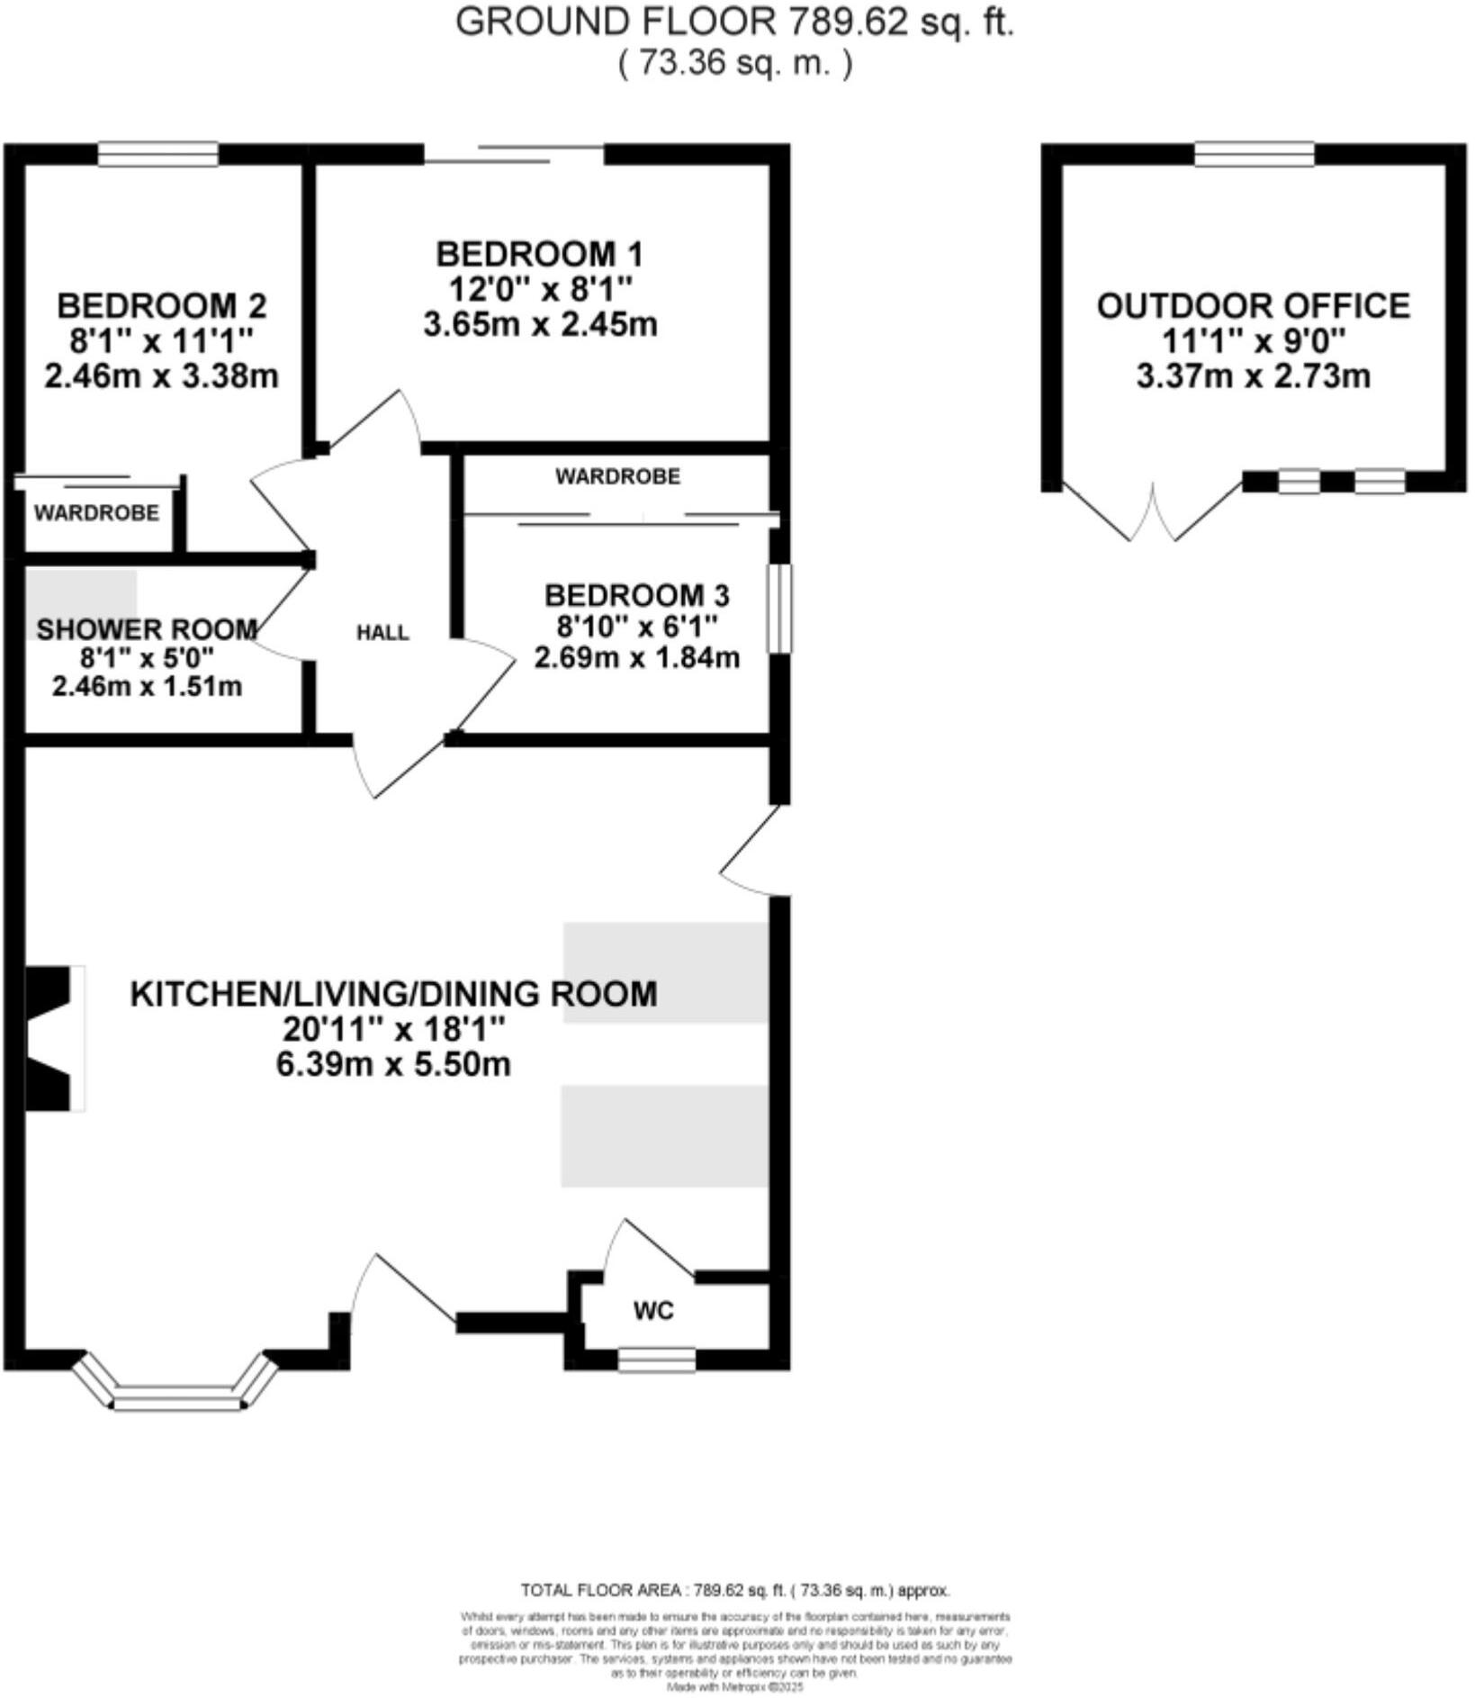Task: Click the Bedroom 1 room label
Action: [539, 255]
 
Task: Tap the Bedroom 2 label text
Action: [161, 306]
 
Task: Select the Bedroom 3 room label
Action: [636, 595]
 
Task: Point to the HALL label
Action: [382, 633]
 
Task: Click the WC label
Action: [653, 1311]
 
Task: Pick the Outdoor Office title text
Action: [1253, 306]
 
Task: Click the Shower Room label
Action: [147, 628]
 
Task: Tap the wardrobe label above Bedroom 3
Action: [617, 476]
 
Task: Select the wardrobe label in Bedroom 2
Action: [96, 513]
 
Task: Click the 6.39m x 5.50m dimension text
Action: [393, 1064]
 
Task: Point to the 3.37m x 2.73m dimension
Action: [1253, 375]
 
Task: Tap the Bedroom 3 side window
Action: [779, 608]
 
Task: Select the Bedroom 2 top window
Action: [158, 155]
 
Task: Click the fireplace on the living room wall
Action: [52, 1038]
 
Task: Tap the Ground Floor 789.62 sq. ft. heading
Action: [734, 22]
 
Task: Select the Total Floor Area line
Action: [734, 1591]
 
